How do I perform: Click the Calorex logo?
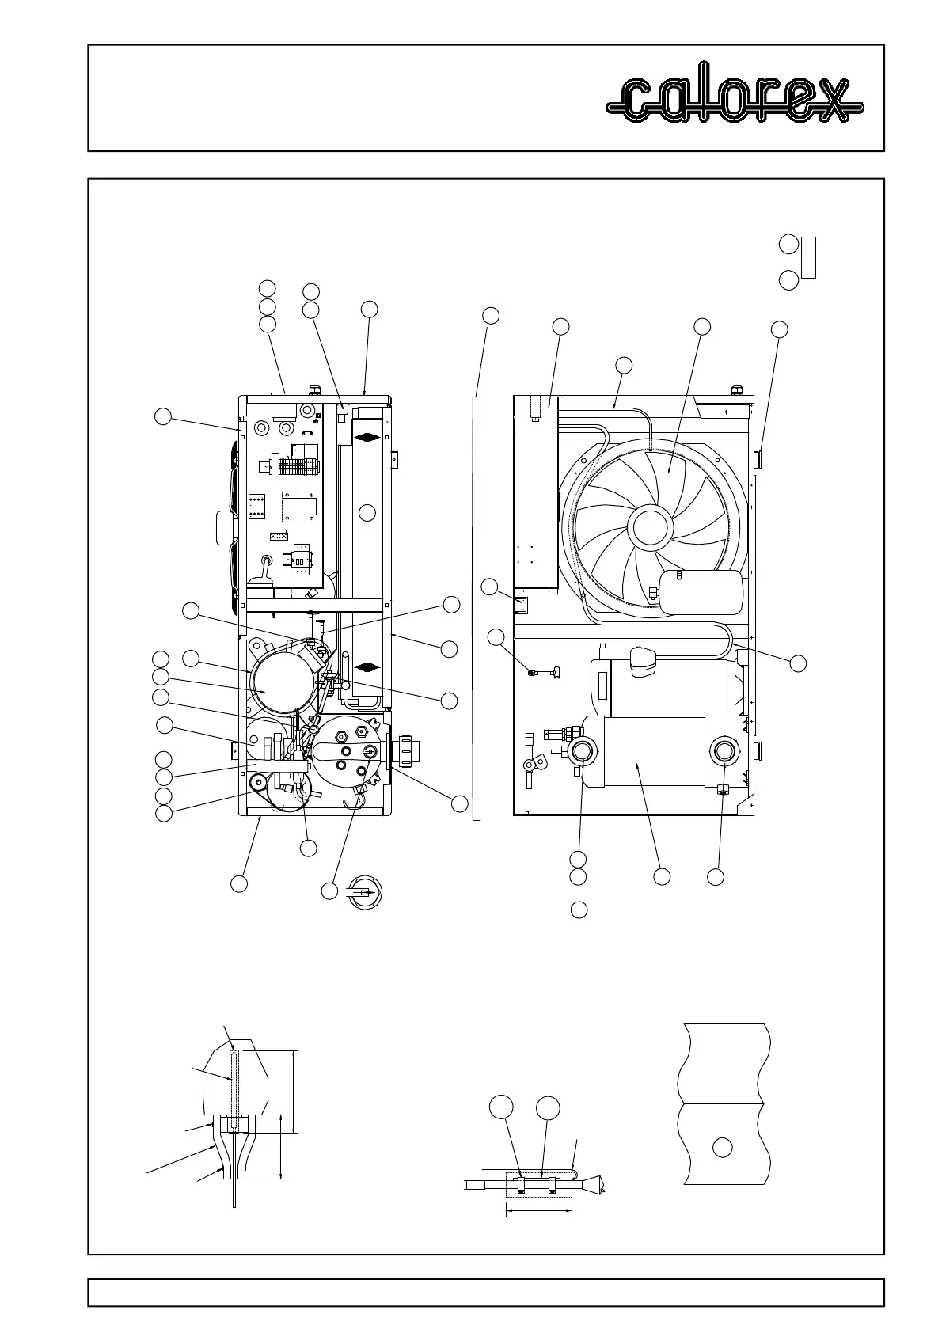(x=735, y=100)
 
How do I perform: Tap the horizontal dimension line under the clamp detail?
(x=538, y=1210)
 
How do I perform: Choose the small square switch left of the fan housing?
(x=519, y=606)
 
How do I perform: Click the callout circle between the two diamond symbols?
(x=367, y=513)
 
